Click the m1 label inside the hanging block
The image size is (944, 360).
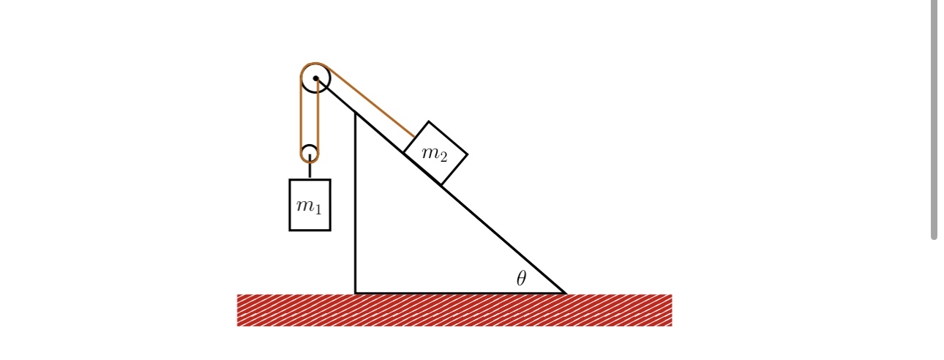pos(310,206)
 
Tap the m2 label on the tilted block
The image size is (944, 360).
pos(435,154)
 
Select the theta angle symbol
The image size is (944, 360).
pos(521,278)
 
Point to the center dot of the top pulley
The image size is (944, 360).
pos(315,78)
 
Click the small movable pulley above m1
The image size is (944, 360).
pos(310,154)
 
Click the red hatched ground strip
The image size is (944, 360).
pos(454,310)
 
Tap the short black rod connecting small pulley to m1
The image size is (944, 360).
pos(310,170)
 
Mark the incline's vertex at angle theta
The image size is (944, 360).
pos(564,293)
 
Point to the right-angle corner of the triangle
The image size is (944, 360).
pos(356,293)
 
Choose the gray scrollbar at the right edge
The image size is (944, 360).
pos(934,117)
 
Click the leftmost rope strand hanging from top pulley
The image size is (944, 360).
pos(301,117)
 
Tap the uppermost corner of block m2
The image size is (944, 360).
pos(429,121)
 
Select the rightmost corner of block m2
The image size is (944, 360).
pos(467,154)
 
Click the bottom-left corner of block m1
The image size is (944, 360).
pos(290,230)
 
